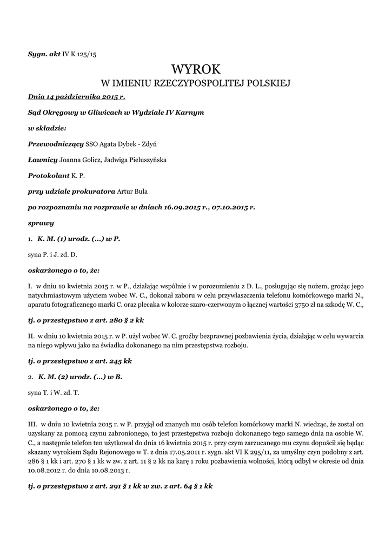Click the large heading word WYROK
196,69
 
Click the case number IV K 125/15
79,54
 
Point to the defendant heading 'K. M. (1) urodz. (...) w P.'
78,238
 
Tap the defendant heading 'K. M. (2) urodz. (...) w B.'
79,377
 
